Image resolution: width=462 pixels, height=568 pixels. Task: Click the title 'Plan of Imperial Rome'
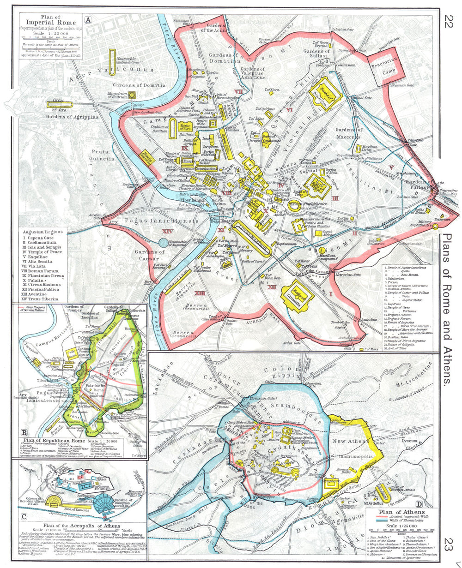click(49, 21)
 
